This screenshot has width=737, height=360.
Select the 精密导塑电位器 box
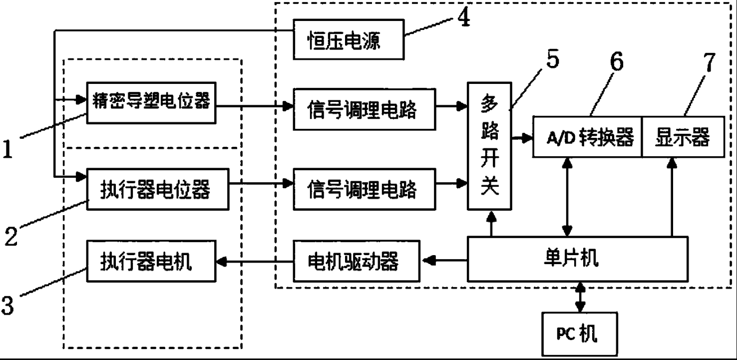pos(151,103)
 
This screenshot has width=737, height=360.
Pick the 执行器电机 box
pos(151,261)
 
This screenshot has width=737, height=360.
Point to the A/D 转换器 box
pos(587,137)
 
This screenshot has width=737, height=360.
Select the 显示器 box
pos(682,137)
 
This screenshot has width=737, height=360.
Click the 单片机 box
pos(578,259)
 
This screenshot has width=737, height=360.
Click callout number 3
pos(7,304)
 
